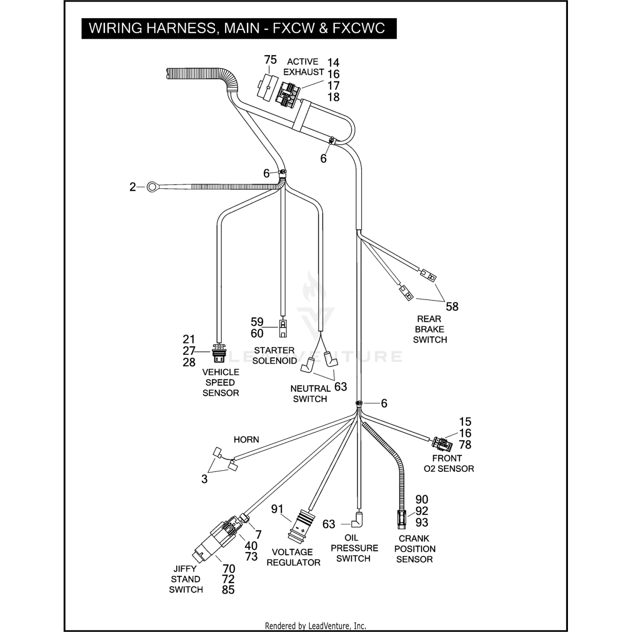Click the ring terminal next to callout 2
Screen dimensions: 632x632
pyautogui.click(x=152, y=187)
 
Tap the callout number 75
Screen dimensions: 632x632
pyautogui.click(x=270, y=60)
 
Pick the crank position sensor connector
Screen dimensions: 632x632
pyautogui.click(x=401, y=519)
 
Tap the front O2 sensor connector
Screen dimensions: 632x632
pyautogui.click(x=441, y=443)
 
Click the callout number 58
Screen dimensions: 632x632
pyautogui.click(x=452, y=307)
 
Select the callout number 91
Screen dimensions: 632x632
pyautogui.click(x=277, y=509)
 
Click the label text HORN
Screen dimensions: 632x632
pyautogui.click(x=246, y=440)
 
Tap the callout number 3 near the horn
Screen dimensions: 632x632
pyautogui.click(x=204, y=479)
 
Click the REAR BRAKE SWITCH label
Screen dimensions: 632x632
pyautogui.click(x=430, y=329)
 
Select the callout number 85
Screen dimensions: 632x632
pyautogui.click(x=228, y=590)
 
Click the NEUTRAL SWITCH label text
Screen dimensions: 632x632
pyautogui.click(x=310, y=394)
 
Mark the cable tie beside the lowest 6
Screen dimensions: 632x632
pyautogui.click(x=358, y=404)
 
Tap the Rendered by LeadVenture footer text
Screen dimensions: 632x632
pyautogui.click(x=316, y=626)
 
